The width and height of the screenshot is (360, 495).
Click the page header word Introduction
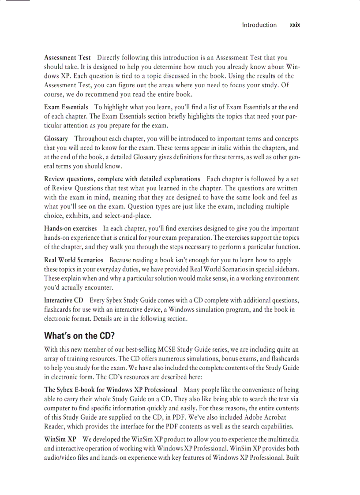pos(259,25)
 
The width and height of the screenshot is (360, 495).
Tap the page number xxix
pos(295,25)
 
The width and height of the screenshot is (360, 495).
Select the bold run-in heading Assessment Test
pos(67,58)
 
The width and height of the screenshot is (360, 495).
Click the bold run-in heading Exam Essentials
pos(66,107)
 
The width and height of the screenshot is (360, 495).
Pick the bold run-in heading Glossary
pos(56,138)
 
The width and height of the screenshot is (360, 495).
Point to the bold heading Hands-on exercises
pos(71,228)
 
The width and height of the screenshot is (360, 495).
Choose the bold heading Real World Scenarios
pos(74,260)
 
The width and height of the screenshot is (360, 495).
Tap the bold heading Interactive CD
pos(64,300)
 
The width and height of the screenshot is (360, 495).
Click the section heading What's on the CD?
pos(79,336)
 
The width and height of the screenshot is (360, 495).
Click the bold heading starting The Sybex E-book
pos(111,390)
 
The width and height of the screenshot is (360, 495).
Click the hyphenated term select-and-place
pos(131,216)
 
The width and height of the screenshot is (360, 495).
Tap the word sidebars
pos(286,269)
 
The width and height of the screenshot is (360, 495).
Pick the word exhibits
pos(80,216)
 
